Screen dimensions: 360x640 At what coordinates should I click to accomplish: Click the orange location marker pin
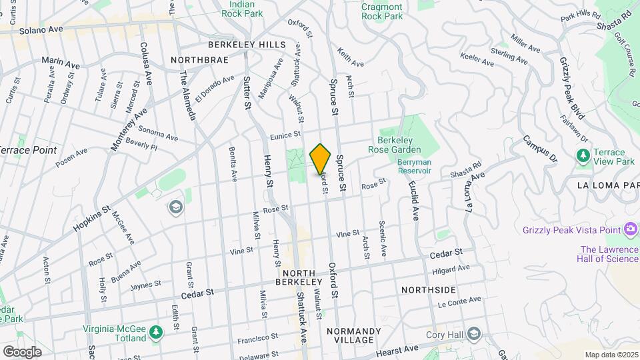pos(321,159)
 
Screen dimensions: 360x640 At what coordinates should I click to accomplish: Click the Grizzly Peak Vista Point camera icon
pos(631,230)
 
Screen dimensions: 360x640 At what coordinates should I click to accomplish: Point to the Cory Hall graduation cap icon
pos(473,333)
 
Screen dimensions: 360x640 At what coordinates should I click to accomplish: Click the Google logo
pos(22,351)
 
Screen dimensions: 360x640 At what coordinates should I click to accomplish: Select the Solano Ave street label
pos(41,30)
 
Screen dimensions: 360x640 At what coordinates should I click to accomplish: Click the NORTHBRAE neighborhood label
pos(199,60)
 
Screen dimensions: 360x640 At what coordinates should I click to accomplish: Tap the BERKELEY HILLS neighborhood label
pos(247,45)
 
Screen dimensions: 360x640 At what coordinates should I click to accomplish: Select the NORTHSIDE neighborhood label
pos(429,290)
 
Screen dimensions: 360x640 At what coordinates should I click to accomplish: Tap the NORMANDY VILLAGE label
pos(353,335)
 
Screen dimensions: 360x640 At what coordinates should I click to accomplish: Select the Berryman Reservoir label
pos(414,167)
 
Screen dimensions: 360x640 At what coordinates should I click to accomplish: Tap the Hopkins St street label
pos(92,219)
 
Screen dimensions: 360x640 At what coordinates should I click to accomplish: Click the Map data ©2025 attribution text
pos(611,355)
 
